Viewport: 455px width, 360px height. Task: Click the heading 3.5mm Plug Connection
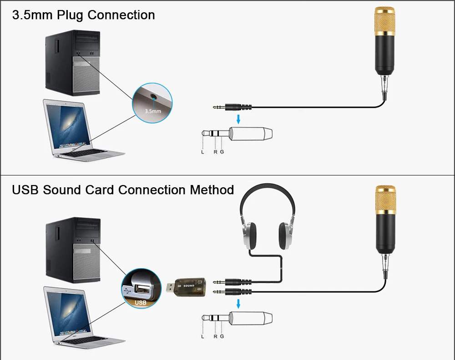tap(83, 15)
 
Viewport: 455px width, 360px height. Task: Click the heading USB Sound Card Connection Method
tap(123, 190)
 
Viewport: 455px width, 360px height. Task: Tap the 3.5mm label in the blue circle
tap(152, 110)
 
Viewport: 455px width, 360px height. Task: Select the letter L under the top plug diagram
tap(202, 152)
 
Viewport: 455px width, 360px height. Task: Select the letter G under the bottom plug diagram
tap(222, 337)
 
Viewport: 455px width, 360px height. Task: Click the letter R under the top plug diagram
tap(215, 152)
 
